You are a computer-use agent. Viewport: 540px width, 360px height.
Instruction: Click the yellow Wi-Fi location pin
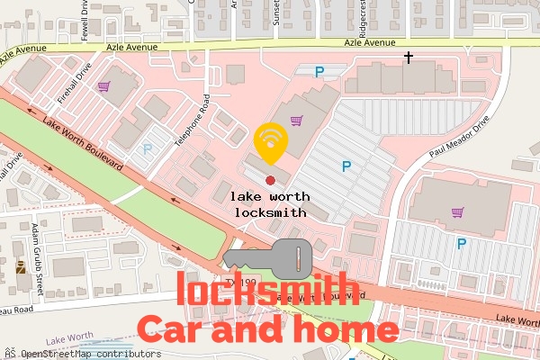pyautogui.click(x=271, y=141)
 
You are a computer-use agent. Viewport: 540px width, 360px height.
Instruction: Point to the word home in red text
pyautogui.click(x=346, y=329)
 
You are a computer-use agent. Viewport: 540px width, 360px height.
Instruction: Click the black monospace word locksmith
pyautogui.click(x=270, y=213)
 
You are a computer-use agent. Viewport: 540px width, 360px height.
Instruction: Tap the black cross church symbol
pyautogui.click(x=409, y=58)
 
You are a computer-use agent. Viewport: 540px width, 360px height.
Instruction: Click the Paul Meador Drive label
pyautogui.click(x=461, y=140)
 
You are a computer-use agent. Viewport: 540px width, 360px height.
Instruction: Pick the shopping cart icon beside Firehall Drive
pyautogui.click(x=104, y=86)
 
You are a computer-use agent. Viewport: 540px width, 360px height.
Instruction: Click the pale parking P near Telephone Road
pyautogui.click(x=148, y=149)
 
